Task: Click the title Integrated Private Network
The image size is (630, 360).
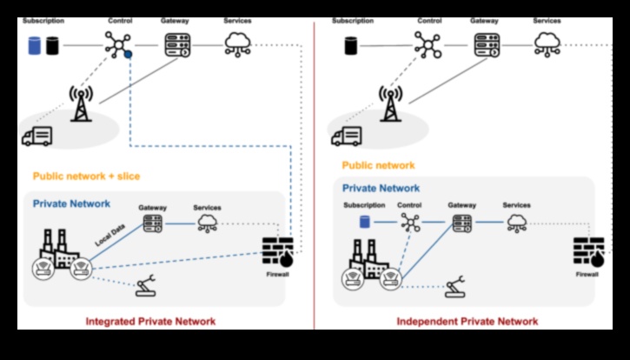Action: click(x=150, y=321)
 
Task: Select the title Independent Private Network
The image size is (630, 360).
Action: click(x=467, y=321)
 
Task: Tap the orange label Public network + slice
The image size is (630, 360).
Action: click(x=86, y=176)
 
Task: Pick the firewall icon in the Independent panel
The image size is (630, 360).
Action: click(x=589, y=252)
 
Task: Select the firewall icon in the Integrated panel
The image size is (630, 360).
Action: click(x=278, y=252)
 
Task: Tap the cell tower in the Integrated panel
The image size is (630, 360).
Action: click(x=80, y=102)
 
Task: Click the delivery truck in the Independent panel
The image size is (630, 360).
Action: click(x=347, y=136)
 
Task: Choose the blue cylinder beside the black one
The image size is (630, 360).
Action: click(x=34, y=45)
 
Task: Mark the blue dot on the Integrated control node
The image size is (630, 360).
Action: click(x=128, y=54)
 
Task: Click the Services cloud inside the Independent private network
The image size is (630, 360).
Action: click(x=516, y=223)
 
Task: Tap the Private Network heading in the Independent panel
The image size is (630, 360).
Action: click(x=381, y=188)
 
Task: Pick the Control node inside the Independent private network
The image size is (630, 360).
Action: click(x=410, y=223)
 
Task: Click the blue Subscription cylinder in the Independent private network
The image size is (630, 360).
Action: click(x=365, y=223)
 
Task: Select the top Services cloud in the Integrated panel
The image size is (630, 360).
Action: click(x=236, y=43)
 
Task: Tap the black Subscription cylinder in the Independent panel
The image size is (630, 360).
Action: click(x=353, y=45)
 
